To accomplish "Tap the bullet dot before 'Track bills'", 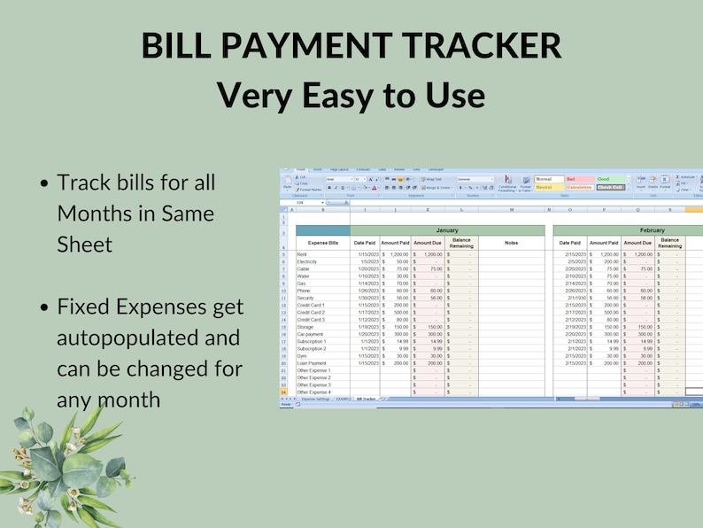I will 44,184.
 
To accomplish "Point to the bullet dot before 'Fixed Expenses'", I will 44,307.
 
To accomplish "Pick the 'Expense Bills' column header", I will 322,242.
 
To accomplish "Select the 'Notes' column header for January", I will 511,242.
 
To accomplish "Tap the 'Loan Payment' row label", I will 311,363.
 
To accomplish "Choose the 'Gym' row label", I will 301,356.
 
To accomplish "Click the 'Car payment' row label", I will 310,334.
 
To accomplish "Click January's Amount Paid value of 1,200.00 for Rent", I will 398,254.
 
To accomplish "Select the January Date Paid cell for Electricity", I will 366,261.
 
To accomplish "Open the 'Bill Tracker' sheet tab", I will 366,400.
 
